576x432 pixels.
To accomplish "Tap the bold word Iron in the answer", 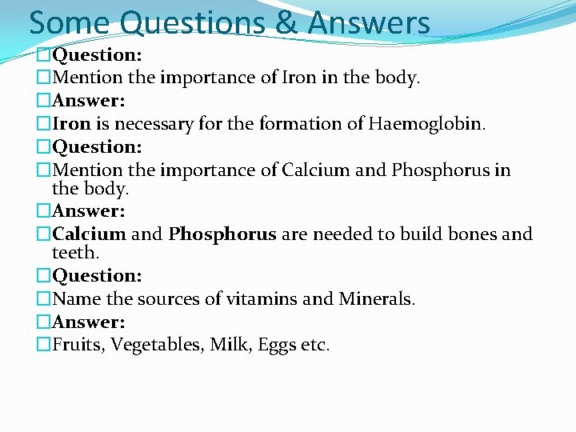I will (72, 124).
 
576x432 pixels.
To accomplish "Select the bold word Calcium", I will (89, 234).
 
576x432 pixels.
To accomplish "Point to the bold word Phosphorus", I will (222, 234).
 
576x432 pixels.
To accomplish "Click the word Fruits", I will (77, 346).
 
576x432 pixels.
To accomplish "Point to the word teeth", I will (74, 253).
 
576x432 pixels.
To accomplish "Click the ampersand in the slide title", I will (285, 22).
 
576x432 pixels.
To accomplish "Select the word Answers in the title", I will (368, 22).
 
